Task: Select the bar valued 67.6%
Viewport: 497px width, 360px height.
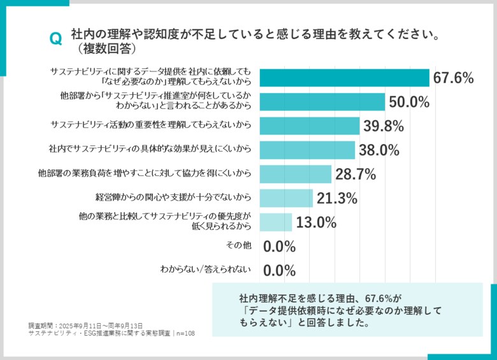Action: click(x=344, y=78)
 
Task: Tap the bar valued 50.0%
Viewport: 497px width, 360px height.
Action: click(x=322, y=102)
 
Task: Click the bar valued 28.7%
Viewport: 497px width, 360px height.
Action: click(x=295, y=174)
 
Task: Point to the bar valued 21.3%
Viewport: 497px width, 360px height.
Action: click(x=285, y=198)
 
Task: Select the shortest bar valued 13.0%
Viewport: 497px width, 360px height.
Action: click(x=275, y=222)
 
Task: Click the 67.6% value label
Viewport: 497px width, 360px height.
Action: click(x=453, y=78)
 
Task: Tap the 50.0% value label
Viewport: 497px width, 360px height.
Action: click(x=408, y=103)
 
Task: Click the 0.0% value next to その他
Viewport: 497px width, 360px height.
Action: click(x=279, y=247)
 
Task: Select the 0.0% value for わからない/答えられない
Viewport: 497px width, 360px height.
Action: click(x=279, y=271)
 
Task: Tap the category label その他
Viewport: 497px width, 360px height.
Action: click(x=239, y=245)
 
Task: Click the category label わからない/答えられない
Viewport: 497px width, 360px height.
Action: click(x=205, y=270)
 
